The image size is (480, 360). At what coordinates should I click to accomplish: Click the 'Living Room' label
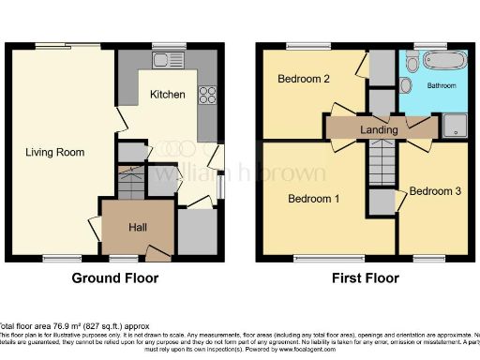click(55, 152)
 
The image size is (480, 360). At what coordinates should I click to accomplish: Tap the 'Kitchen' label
click(167, 95)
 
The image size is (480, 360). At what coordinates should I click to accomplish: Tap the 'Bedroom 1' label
click(312, 199)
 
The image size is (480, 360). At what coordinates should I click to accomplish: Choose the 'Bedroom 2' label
click(303, 80)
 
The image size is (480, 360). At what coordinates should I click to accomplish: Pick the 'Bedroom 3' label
click(436, 191)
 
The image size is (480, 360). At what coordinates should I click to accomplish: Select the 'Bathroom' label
click(441, 85)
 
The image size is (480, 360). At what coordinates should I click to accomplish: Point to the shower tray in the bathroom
click(455, 124)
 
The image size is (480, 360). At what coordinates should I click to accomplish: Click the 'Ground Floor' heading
click(115, 278)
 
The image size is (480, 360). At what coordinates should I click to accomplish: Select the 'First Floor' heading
click(365, 278)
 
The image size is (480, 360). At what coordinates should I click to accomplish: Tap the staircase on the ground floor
click(129, 180)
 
